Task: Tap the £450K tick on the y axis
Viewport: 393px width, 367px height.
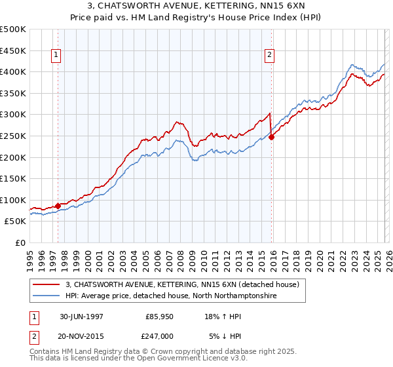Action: (13, 50)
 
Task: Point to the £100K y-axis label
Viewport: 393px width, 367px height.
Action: (13, 200)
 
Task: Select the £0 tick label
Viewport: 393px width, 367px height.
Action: (20, 243)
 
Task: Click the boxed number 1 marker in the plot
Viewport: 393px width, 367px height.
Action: (57, 56)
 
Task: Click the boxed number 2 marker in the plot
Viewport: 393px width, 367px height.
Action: (269, 56)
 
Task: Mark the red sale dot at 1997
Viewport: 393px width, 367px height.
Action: (58, 206)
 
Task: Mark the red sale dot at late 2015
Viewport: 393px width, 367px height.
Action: (271, 137)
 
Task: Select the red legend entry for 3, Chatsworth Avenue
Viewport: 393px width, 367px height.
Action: (182, 284)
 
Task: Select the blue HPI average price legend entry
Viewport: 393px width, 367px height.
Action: (171, 296)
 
